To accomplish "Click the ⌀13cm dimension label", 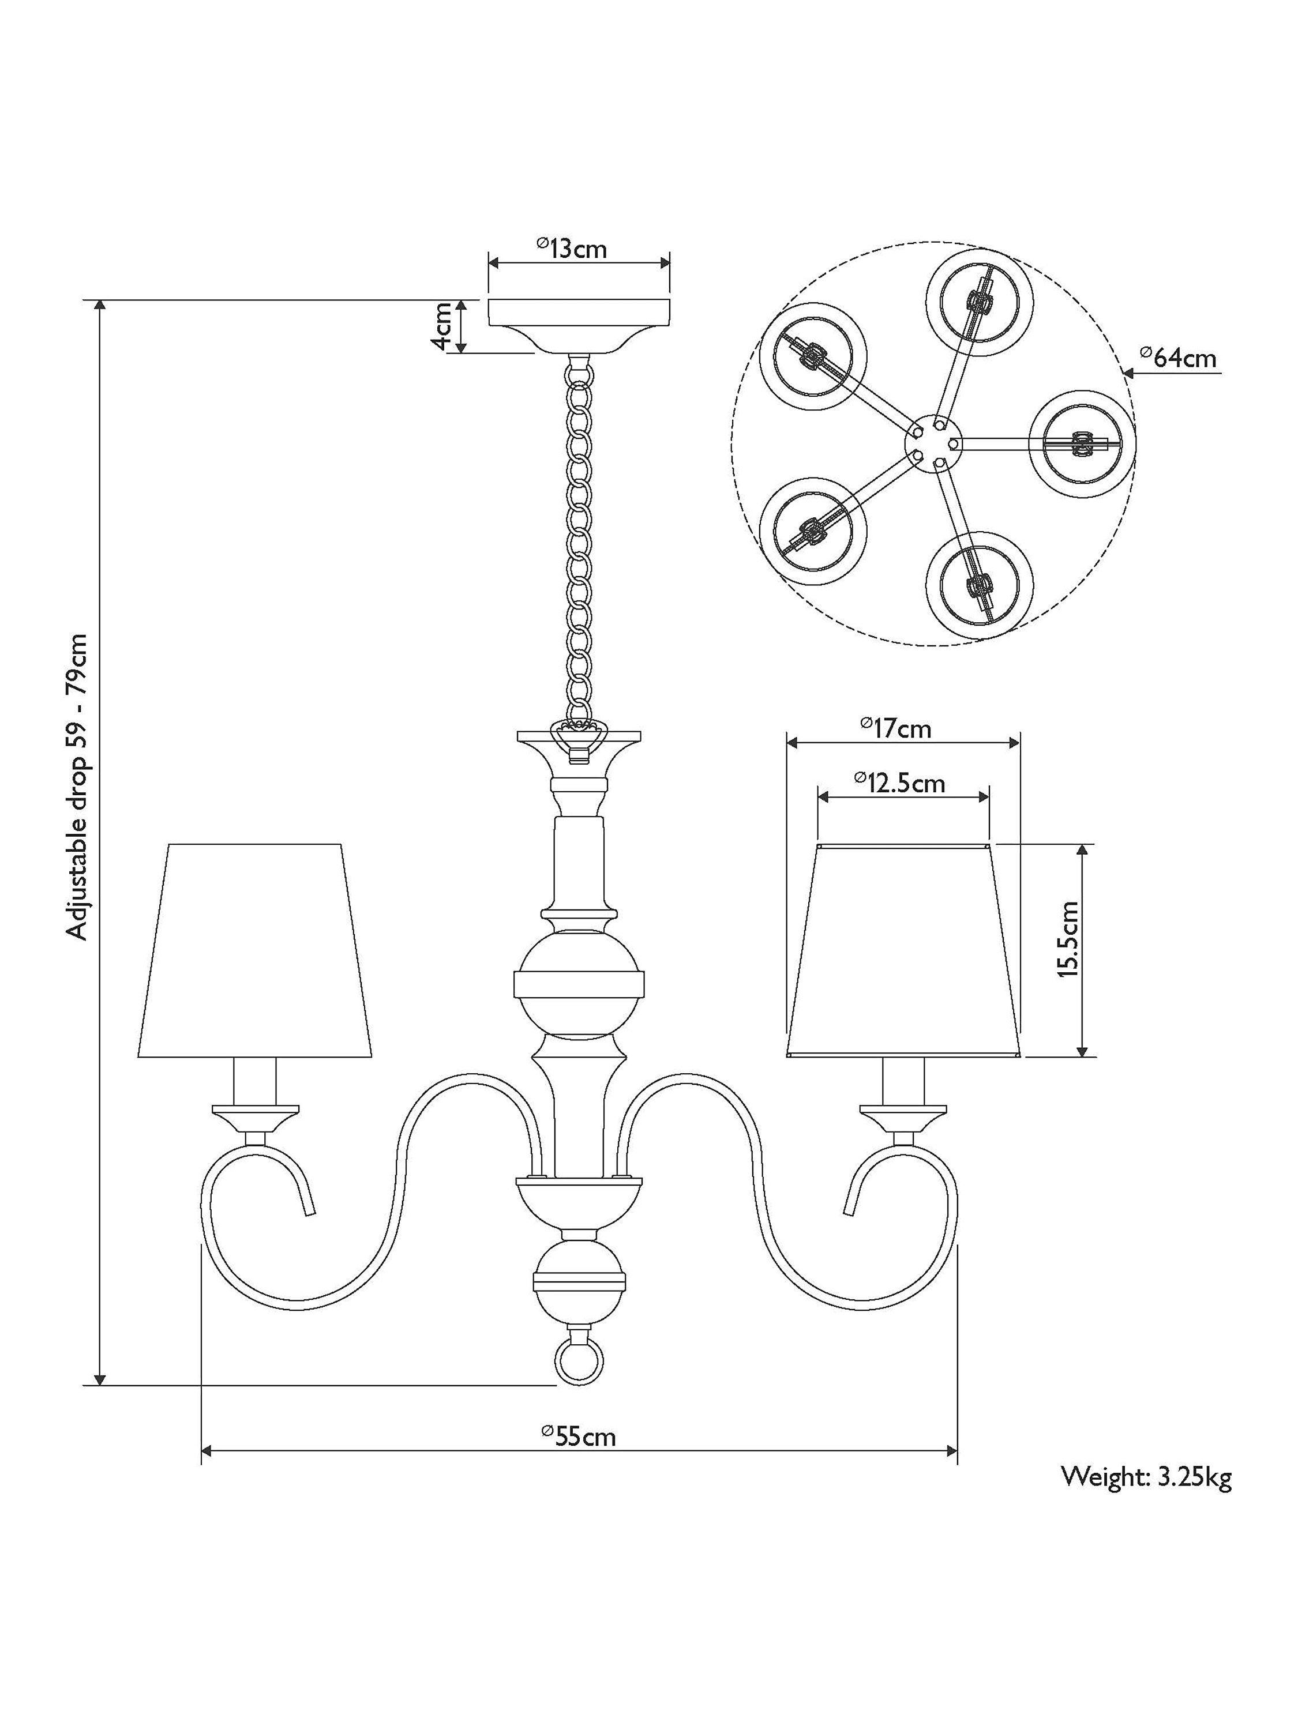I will coord(571,249).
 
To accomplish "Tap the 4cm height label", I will coord(442,327).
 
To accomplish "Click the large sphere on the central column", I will coord(579,981).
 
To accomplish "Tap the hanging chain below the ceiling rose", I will coord(579,540).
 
